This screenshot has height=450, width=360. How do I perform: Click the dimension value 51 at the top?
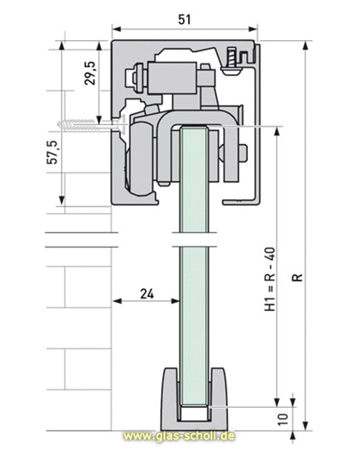click(184, 20)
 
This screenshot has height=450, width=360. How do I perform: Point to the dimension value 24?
click(146, 293)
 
